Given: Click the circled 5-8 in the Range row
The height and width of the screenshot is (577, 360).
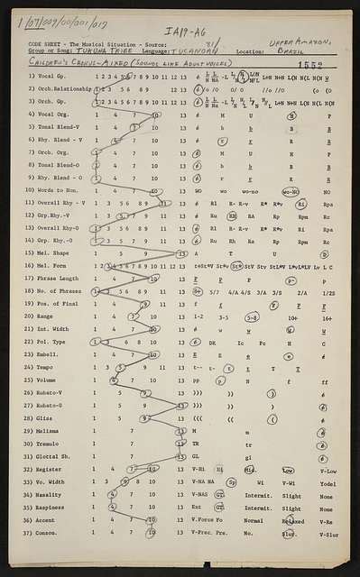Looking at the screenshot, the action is pyautogui.click(x=252, y=317).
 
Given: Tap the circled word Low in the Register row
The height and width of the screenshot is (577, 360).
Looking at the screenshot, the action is pyautogui.click(x=288, y=470).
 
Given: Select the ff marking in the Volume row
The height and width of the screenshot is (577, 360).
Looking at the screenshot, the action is pyautogui.click(x=324, y=381).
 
